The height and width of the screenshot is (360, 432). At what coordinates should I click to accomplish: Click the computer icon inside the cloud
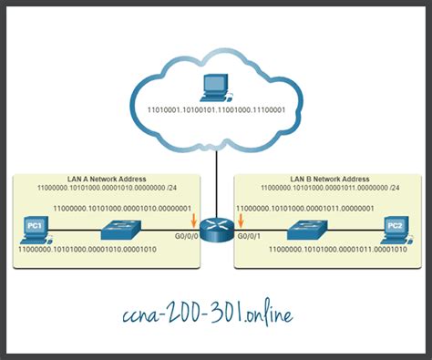[215, 87]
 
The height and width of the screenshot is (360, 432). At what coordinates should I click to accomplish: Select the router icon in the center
[216, 227]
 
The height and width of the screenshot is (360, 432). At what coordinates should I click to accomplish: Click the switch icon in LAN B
[310, 228]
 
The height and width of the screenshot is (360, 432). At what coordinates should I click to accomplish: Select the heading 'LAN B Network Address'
[324, 179]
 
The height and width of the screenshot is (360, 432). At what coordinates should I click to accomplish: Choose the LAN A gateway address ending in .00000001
[118, 208]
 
